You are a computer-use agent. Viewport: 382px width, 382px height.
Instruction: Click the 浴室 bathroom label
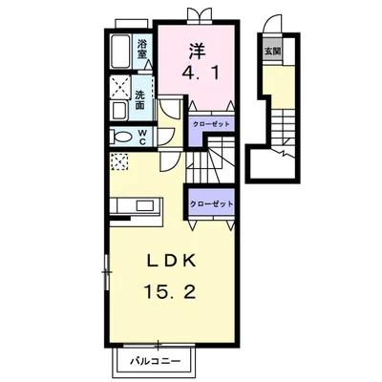coord(142,49)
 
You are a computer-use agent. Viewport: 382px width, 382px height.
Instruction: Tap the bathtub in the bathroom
coord(120,52)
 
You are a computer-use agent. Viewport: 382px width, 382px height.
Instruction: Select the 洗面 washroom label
coord(139,99)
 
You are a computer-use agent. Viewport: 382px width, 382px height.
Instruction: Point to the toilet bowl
coord(121,138)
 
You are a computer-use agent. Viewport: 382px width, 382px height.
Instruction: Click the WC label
coord(142,138)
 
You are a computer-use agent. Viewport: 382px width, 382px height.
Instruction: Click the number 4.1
coord(201,74)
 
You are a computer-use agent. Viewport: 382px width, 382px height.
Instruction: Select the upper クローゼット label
coord(211,124)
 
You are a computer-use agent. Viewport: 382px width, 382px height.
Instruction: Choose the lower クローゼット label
coord(211,203)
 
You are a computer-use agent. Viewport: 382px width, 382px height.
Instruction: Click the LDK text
coord(170,262)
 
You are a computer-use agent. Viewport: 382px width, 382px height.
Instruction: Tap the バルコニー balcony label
coord(156,361)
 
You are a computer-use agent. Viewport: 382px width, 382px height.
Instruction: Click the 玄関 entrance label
coord(273,52)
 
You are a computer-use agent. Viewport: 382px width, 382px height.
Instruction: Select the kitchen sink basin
coord(145,205)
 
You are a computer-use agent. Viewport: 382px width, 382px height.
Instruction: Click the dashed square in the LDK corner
coord(119,161)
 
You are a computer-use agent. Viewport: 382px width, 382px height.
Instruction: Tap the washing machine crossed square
coord(119,87)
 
